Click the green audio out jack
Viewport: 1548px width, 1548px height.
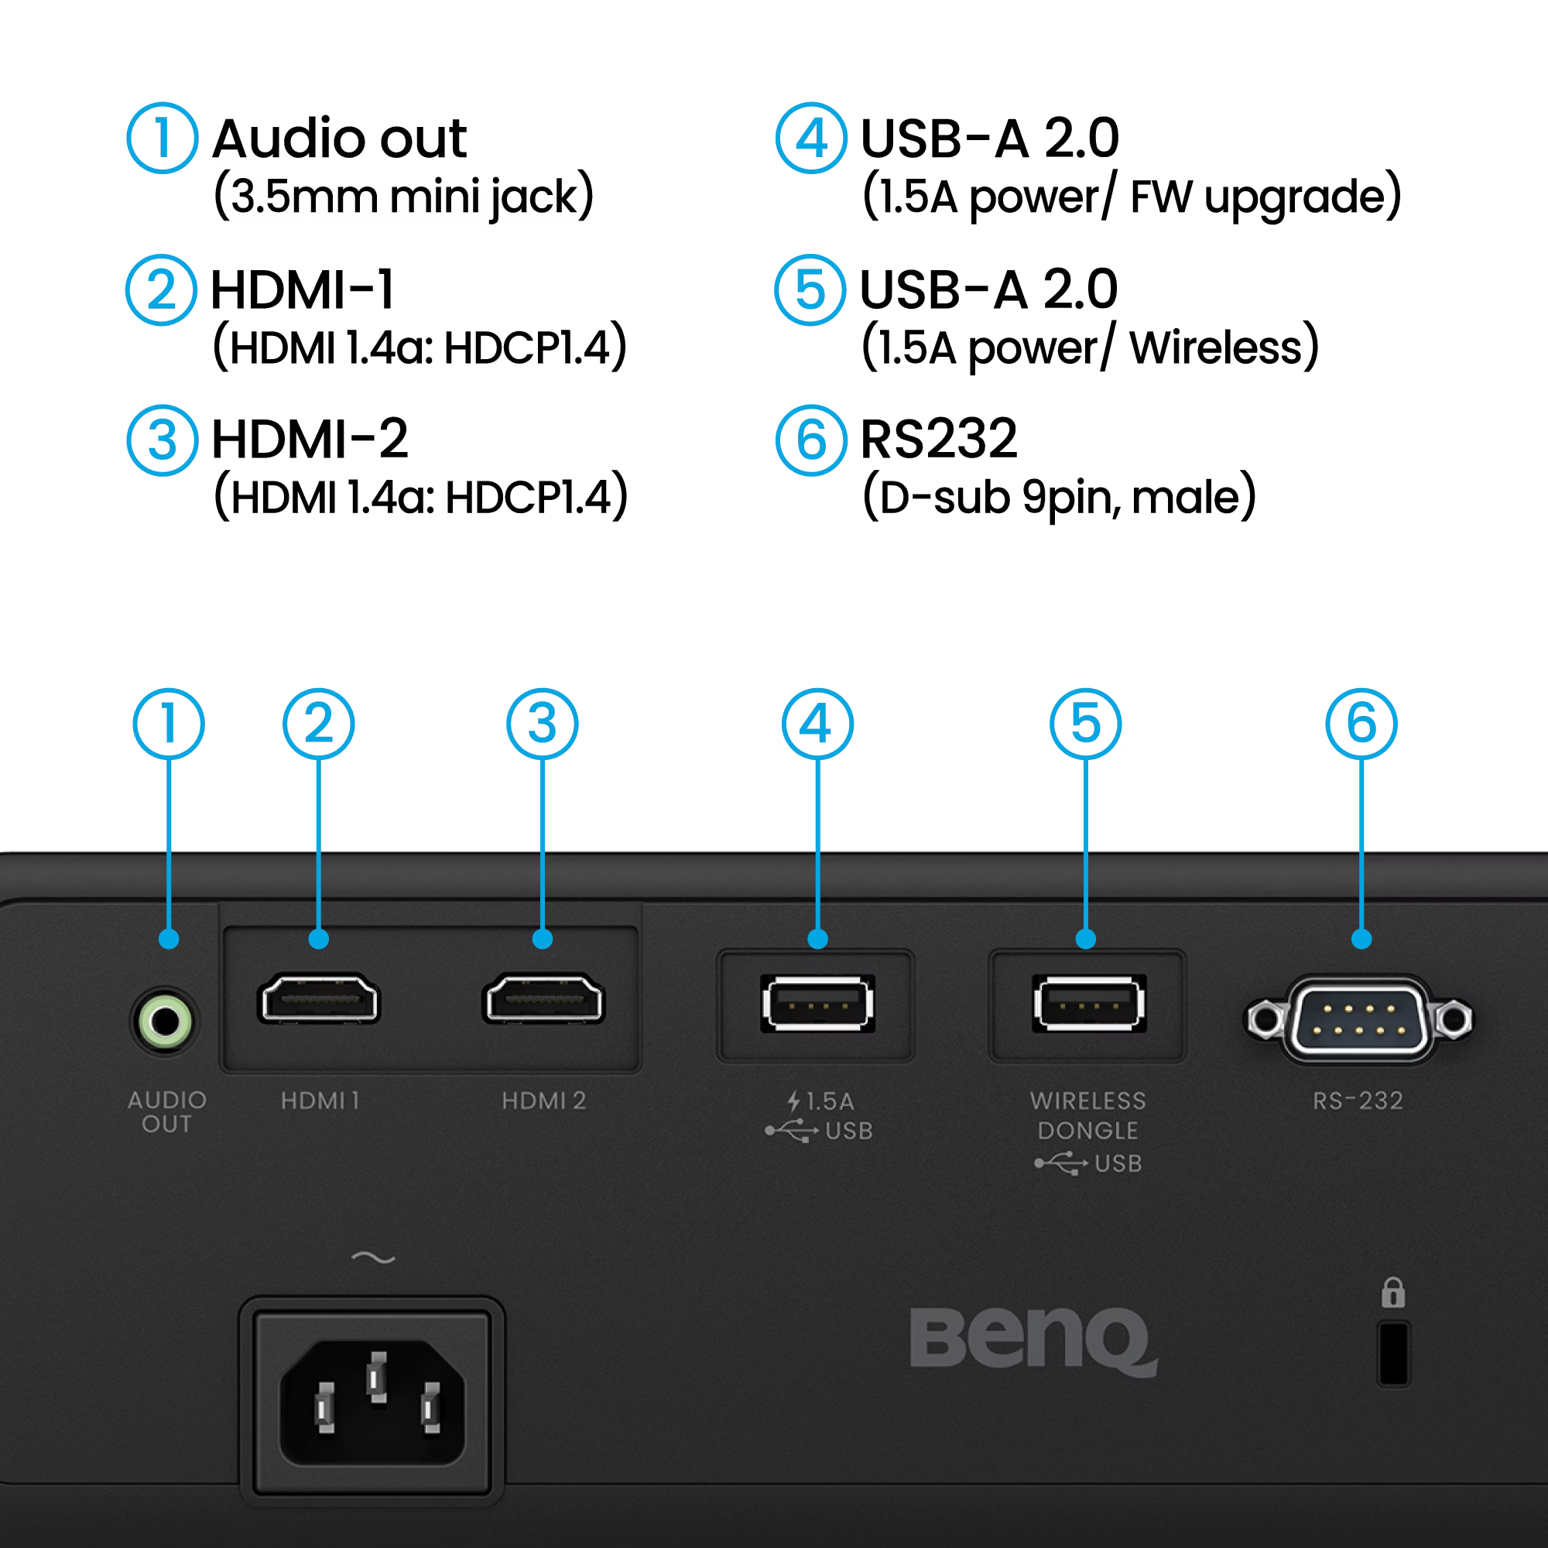tap(165, 1022)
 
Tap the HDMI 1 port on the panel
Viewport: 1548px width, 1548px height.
tap(319, 1000)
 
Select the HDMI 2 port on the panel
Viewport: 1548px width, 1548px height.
tap(543, 1000)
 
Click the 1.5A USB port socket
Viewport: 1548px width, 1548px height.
tap(817, 1003)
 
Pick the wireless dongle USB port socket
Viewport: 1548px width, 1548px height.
tap(1089, 1003)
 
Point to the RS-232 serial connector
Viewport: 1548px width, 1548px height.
tap(1358, 1019)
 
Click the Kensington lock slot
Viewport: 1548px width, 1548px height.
tap(1393, 1353)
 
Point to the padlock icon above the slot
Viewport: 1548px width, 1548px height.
tap(1393, 1293)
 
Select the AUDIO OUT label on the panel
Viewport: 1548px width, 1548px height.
tap(166, 1112)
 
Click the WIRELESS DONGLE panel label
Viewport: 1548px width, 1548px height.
tap(1088, 1115)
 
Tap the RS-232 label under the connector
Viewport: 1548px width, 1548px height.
tap(1358, 1101)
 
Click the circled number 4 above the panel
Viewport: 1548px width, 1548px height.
tap(817, 724)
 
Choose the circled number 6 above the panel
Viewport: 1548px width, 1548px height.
tap(1361, 724)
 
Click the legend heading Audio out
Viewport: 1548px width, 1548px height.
tap(339, 139)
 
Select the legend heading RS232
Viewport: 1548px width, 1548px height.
tap(938, 439)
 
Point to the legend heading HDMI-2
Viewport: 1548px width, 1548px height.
tap(310, 440)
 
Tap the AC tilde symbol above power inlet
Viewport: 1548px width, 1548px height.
tap(373, 1258)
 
